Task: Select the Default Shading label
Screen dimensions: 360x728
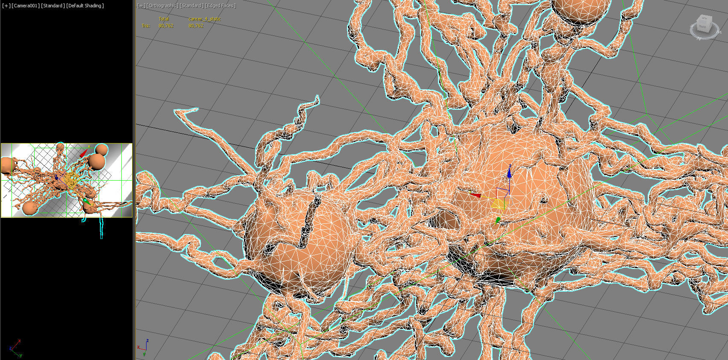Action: coord(85,6)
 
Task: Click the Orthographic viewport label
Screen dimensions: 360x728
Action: coord(163,6)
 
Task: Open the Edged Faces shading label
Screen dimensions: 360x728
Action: coord(220,6)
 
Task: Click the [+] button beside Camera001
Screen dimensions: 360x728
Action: coord(6,6)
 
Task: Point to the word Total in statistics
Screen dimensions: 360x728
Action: coord(164,19)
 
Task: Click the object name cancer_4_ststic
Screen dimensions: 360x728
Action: coord(204,19)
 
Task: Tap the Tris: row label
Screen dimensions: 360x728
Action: coord(146,26)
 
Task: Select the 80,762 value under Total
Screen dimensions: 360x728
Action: coord(166,26)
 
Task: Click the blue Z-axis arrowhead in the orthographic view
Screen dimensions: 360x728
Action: coord(509,173)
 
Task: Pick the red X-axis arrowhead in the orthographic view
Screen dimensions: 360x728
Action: coord(475,195)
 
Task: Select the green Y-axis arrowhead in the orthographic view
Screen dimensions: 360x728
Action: coord(498,220)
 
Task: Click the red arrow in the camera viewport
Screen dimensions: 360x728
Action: coord(84,152)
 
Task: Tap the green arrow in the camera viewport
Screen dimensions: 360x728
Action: coord(86,200)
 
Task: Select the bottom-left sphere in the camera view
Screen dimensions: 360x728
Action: coord(29,208)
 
